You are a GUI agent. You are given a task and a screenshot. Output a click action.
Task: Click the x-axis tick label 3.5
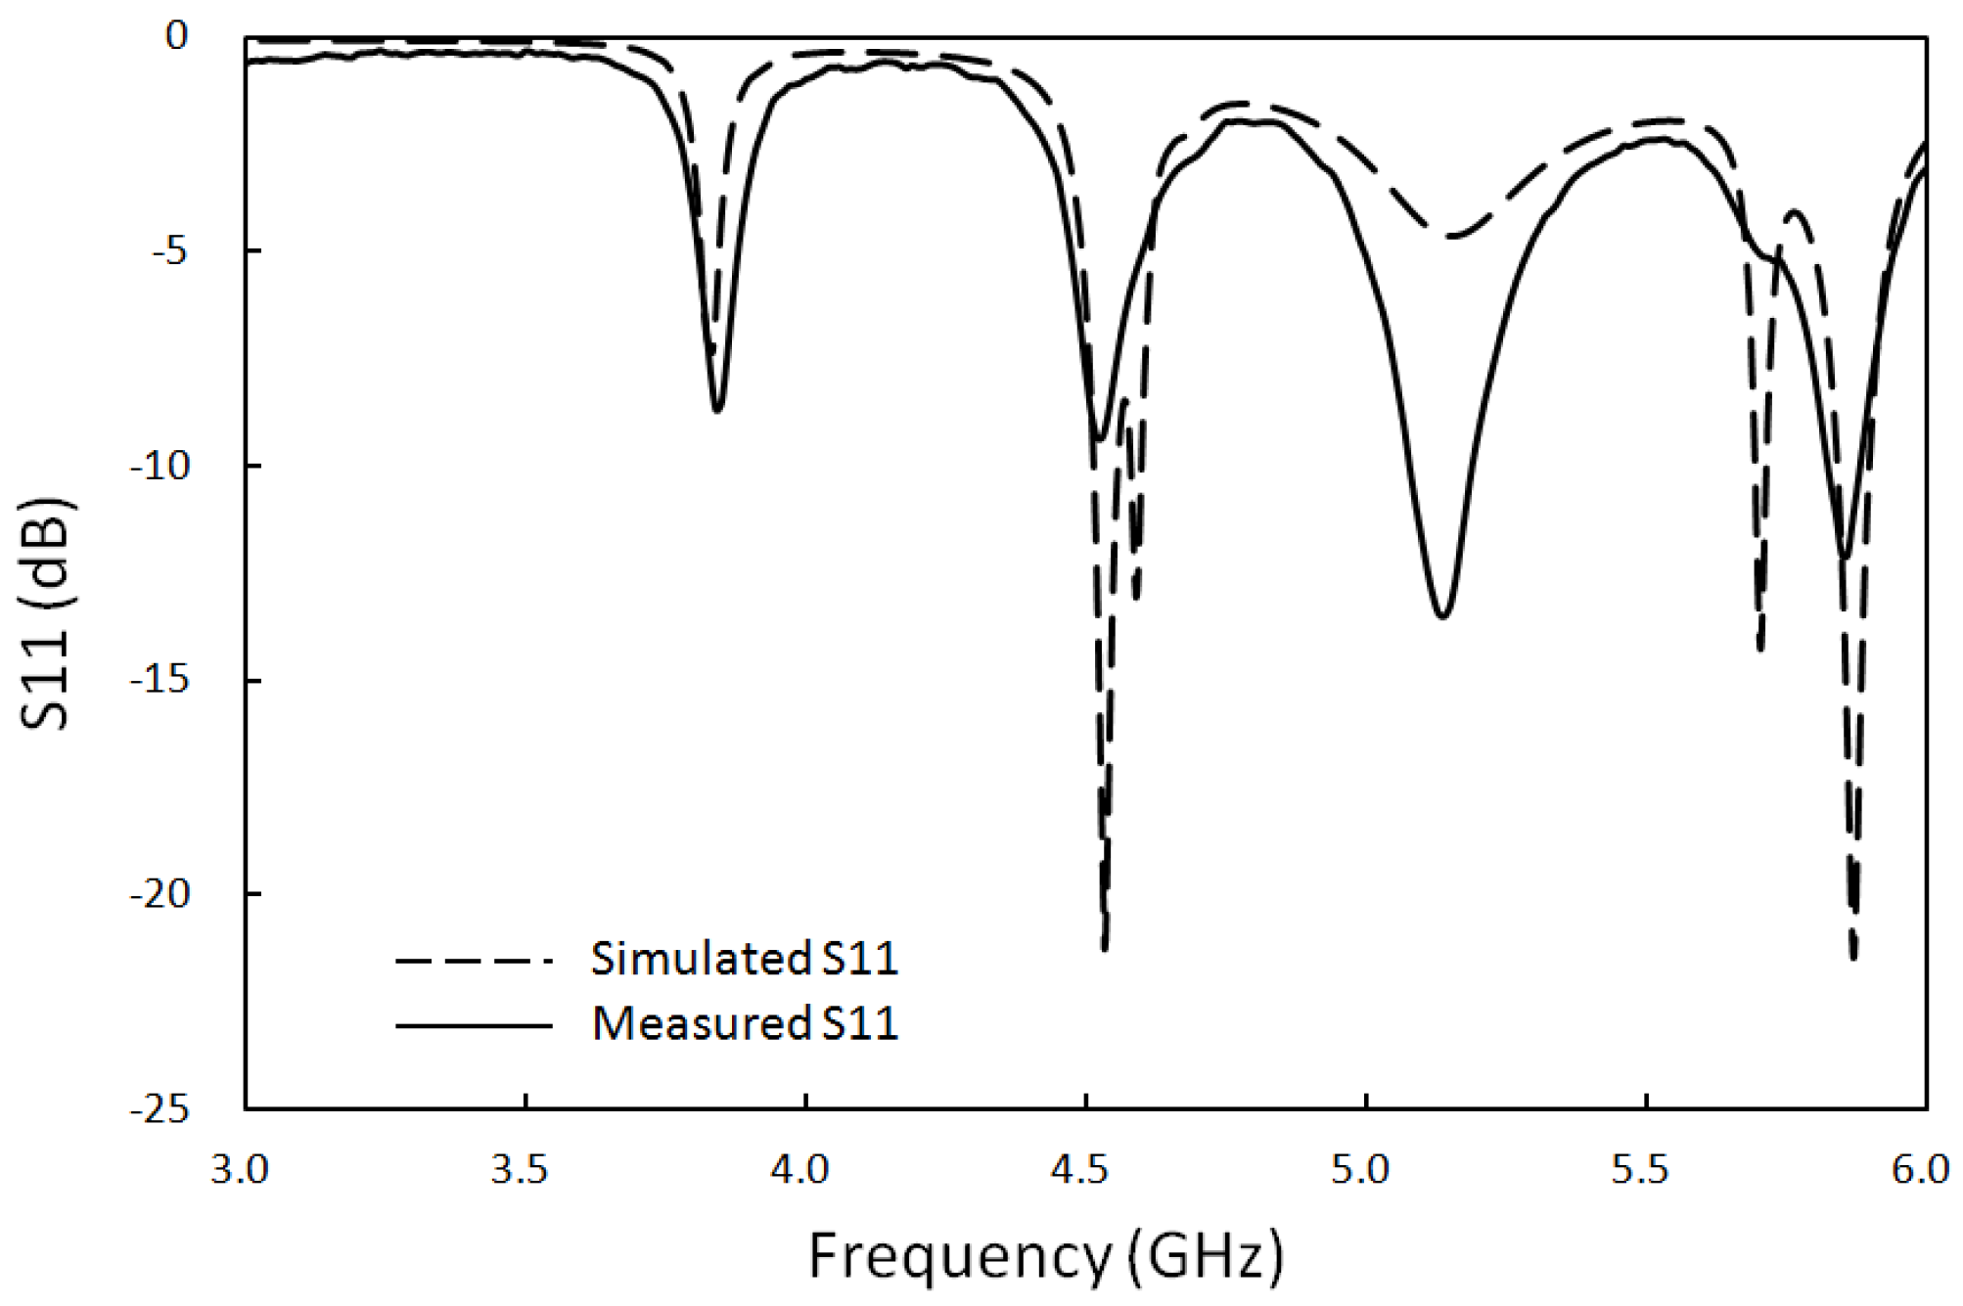coord(520,1169)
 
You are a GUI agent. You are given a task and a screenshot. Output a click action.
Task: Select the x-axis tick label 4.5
coord(1080,1169)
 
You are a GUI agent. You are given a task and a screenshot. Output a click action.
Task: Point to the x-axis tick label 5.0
coord(1360,1169)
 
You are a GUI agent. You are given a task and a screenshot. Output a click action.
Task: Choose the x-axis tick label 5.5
coord(1641,1169)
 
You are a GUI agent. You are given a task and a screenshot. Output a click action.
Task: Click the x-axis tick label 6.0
coord(1920,1169)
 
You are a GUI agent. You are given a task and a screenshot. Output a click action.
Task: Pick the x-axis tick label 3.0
coord(240,1169)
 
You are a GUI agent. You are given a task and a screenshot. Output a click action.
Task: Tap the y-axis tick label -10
coord(159,466)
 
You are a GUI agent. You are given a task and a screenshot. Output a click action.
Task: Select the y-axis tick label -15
coord(159,680)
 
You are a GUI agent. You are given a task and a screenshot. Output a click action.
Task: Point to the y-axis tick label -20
coord(159,894)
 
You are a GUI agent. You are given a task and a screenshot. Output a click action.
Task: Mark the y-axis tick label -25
coord(159,1109)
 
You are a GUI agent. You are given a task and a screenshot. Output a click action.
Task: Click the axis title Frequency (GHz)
coord(1045,1256)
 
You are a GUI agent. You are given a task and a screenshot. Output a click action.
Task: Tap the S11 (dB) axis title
coord(46,614)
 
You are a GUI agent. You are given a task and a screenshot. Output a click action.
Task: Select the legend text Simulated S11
coord(744,959)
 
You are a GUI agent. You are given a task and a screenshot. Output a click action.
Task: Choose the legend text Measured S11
coord(745,1024)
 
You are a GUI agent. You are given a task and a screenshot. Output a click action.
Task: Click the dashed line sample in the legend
coord(475,961)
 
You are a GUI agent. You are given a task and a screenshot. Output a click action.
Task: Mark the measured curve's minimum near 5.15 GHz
coord(1442,615)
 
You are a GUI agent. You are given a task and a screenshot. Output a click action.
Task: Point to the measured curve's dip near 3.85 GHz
coord(717,410)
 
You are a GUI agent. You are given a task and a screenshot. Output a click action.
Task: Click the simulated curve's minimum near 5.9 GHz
coord(1853,957)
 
